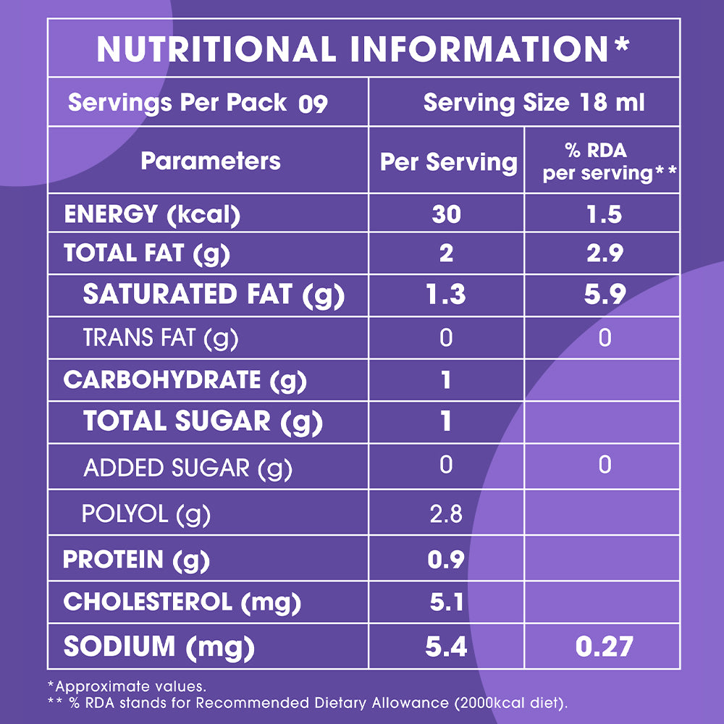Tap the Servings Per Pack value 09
[313, 104]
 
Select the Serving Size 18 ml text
[534, 103]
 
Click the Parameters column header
[210, 161]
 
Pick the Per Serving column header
[449, 161]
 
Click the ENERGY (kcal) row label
[152, 214]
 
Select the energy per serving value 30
[446, 214]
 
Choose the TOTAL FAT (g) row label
[146, 253]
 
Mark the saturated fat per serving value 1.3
[446, 295]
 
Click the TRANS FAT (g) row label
[160, 337]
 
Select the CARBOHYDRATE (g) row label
[185, 380]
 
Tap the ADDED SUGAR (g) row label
[188, 468]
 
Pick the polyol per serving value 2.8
[446, 514]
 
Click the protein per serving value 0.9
[446, 560]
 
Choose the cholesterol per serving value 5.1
[446, 602]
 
